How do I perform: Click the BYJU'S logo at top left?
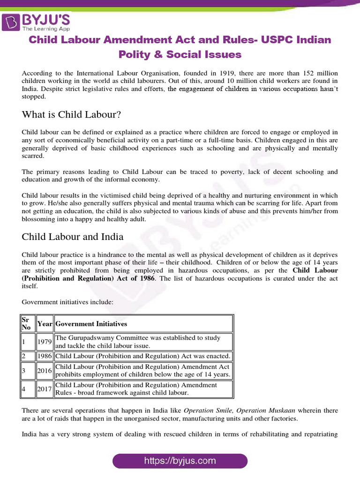coord(37,22)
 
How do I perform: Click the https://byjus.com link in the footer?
coord(180,460)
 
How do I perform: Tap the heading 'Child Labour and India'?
coord(73,237)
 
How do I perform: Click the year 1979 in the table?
coord(45,342)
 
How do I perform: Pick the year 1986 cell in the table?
coord(45,356)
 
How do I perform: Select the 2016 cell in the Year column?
coord(45,370)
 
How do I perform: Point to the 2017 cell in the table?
coord(45,389)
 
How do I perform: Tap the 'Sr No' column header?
coord(28,323)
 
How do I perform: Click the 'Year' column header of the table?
coord(45,324)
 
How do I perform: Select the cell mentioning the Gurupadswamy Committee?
coord(143,342)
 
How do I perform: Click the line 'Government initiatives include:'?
coord(67,302)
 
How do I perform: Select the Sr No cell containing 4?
coord(28,389)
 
